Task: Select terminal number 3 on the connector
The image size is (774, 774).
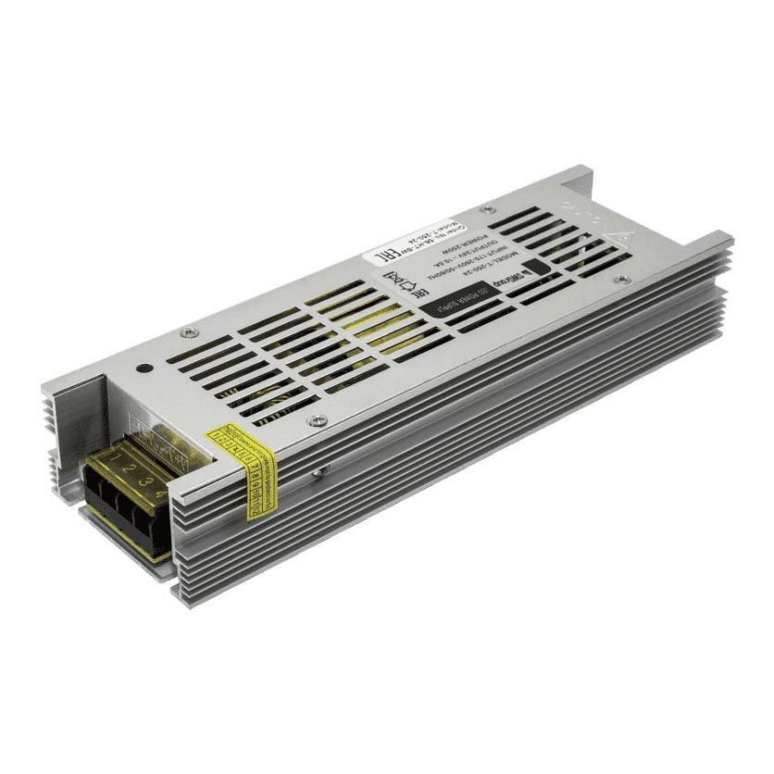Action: (x=142, y=482)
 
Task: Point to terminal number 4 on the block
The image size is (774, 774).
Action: (x=160, y=494)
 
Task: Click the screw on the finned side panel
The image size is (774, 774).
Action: (x=318, y=472)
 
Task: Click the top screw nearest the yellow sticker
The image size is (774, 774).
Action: (x=319, y=419)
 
